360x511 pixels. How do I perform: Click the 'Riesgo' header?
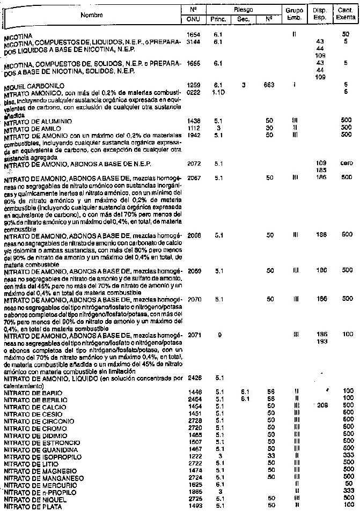click(x=244, y=9)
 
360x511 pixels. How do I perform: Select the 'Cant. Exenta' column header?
click(x=346, y=13)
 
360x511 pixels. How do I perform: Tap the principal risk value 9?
click(x=219, y=335)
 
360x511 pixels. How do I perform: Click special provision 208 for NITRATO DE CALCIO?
click(x=322, y=406)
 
